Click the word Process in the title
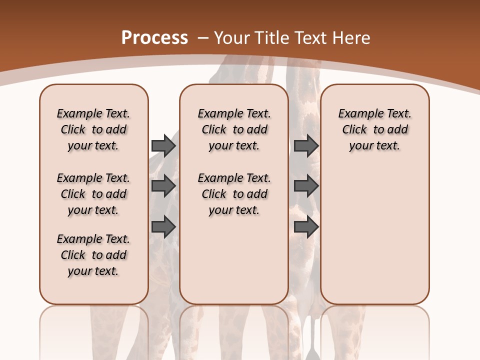[x=154, y=38]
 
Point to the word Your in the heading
[x=233, y=38]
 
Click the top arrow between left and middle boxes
[x=163, y=145]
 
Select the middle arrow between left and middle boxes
[x=163, y=186]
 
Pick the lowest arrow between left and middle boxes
[x=163, y=227]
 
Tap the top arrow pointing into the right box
[x=306, y=145]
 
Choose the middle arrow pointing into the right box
[x=306, y=186]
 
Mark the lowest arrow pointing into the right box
[x=306, y=227]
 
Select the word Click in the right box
[x=354, y=130]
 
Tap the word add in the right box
[x=397, y=130]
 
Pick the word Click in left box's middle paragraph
[x=73, y=194]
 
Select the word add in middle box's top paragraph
[x=257, y=130]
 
